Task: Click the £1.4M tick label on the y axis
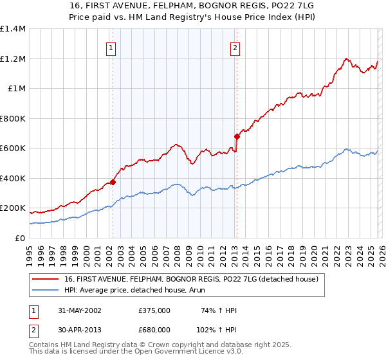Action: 13,29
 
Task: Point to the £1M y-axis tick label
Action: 17,89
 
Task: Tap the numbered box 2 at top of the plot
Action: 235,48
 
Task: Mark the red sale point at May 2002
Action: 113,183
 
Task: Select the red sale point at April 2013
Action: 237,136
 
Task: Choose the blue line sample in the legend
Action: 46,290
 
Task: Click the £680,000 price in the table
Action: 154,329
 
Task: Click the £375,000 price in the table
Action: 154,310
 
